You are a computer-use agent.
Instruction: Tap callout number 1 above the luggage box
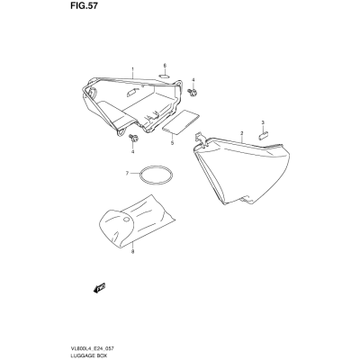click(132, 69)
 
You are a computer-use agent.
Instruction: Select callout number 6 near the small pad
click(165, 66)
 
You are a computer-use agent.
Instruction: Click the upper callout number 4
click(193, 80)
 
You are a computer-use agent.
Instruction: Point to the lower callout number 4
click(132, 151)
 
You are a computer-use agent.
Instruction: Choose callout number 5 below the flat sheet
click(172, 143)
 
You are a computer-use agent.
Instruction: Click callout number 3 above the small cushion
click(263, 122)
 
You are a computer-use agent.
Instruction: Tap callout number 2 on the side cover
click(242, 133)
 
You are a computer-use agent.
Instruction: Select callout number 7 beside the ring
click(127, 173)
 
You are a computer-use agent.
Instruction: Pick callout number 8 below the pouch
click(132, 251)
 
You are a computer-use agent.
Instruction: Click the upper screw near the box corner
click(192, 92)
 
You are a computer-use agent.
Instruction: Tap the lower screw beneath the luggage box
click(133, 139)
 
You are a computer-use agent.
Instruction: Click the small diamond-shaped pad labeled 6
click(165, 76)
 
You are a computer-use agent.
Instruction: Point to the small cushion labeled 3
click(263, 134)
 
